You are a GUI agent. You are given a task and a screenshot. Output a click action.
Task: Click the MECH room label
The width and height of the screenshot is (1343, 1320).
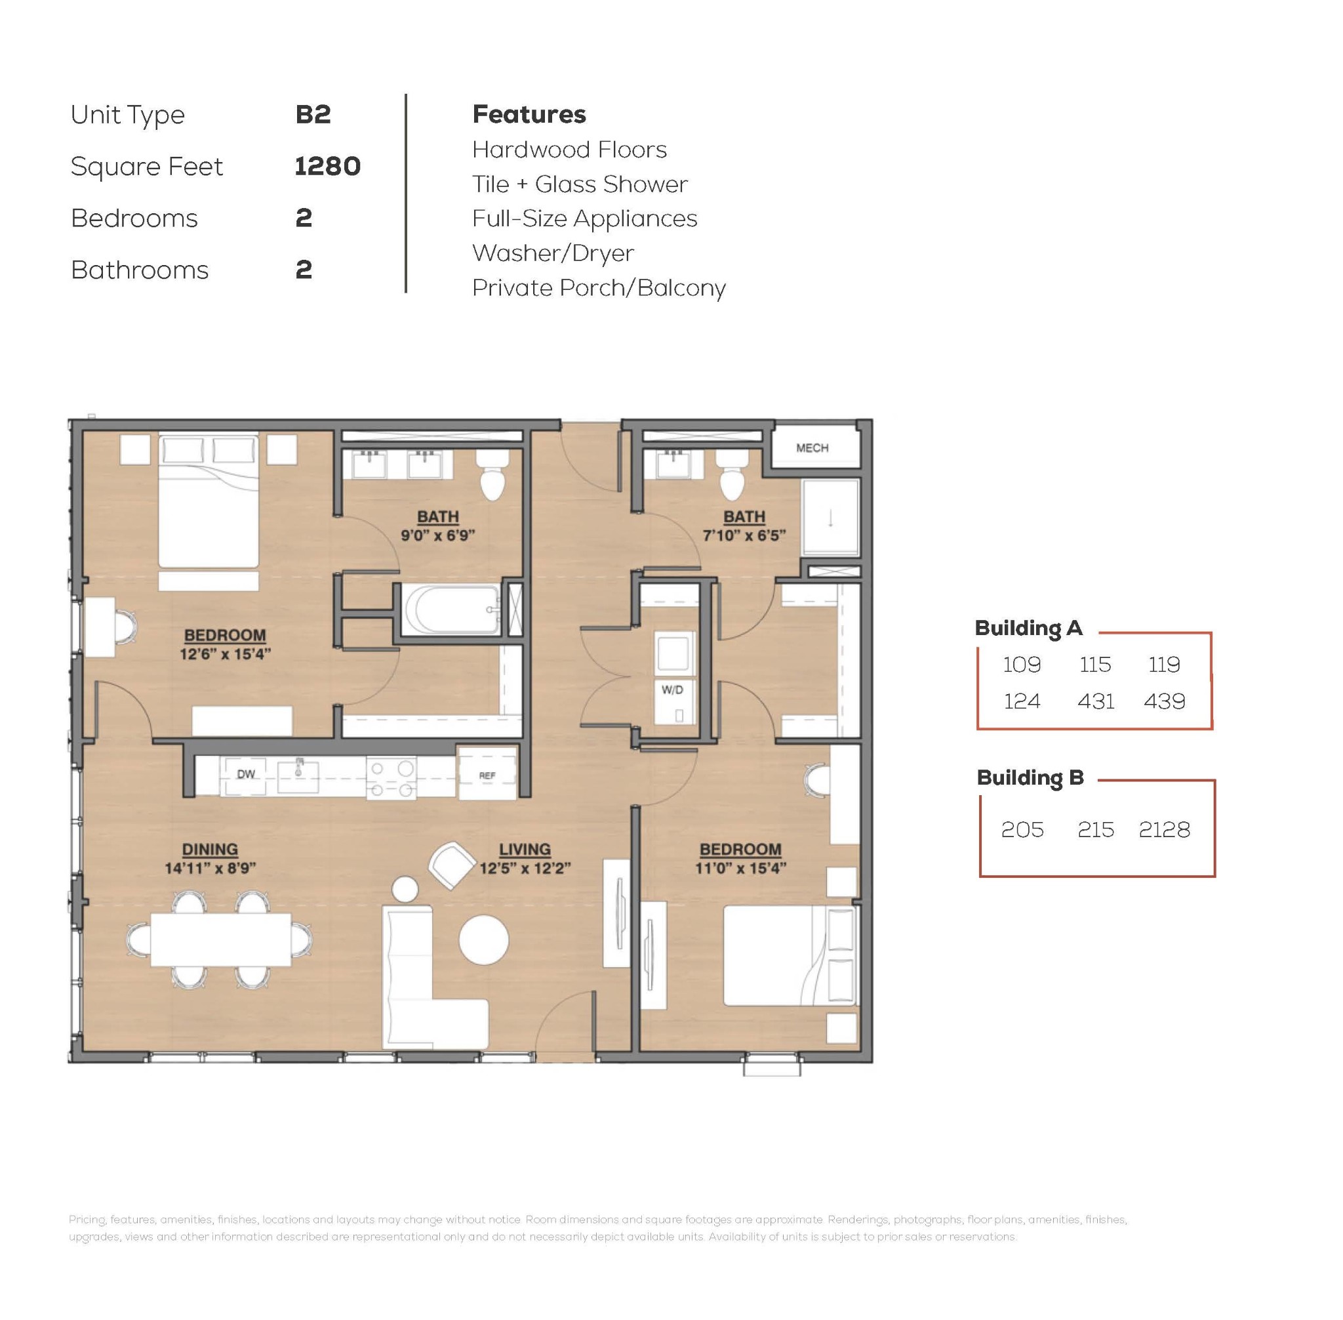pos(811,448)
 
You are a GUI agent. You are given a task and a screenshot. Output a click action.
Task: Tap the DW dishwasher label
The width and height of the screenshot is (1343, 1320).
pos(246,773)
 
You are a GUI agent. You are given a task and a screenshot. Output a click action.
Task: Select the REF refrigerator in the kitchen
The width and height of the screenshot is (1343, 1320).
pos(487,773)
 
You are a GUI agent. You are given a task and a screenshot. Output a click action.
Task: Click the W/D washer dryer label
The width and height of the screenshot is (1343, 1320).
pos(671,690)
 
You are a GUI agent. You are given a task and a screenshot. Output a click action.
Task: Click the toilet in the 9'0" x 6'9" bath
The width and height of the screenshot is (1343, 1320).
pos(492,474)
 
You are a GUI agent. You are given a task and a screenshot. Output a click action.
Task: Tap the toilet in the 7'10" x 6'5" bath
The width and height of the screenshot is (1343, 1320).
pos(732,474)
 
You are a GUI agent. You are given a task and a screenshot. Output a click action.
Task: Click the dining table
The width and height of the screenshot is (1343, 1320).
pos(220,939)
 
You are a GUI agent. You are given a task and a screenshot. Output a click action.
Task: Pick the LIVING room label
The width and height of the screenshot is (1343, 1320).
pos(525,849)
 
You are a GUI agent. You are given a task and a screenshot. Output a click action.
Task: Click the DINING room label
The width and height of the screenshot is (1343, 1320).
pos(210,849)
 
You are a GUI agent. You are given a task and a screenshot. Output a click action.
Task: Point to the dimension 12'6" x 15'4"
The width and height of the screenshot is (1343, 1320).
pos(224,653)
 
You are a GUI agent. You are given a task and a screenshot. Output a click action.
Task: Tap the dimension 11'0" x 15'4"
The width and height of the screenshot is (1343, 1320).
pos(740,868)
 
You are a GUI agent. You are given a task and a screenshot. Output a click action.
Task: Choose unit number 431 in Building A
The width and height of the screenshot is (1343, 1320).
pos(1095,701)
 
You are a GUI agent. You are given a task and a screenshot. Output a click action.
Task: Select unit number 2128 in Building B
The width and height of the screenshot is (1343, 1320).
pos(1163,829)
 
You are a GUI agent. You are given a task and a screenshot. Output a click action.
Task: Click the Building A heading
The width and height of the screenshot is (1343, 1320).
pos(1028,628)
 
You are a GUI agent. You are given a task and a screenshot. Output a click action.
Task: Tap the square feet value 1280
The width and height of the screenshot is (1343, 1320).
pos(327,167)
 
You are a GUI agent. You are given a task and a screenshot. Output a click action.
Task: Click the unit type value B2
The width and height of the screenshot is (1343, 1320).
pos(313,114)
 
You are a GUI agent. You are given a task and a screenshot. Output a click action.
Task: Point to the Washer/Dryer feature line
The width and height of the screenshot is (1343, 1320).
pos(552,254)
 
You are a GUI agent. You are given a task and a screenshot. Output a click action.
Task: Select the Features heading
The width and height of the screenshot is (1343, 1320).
pos(529,114)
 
